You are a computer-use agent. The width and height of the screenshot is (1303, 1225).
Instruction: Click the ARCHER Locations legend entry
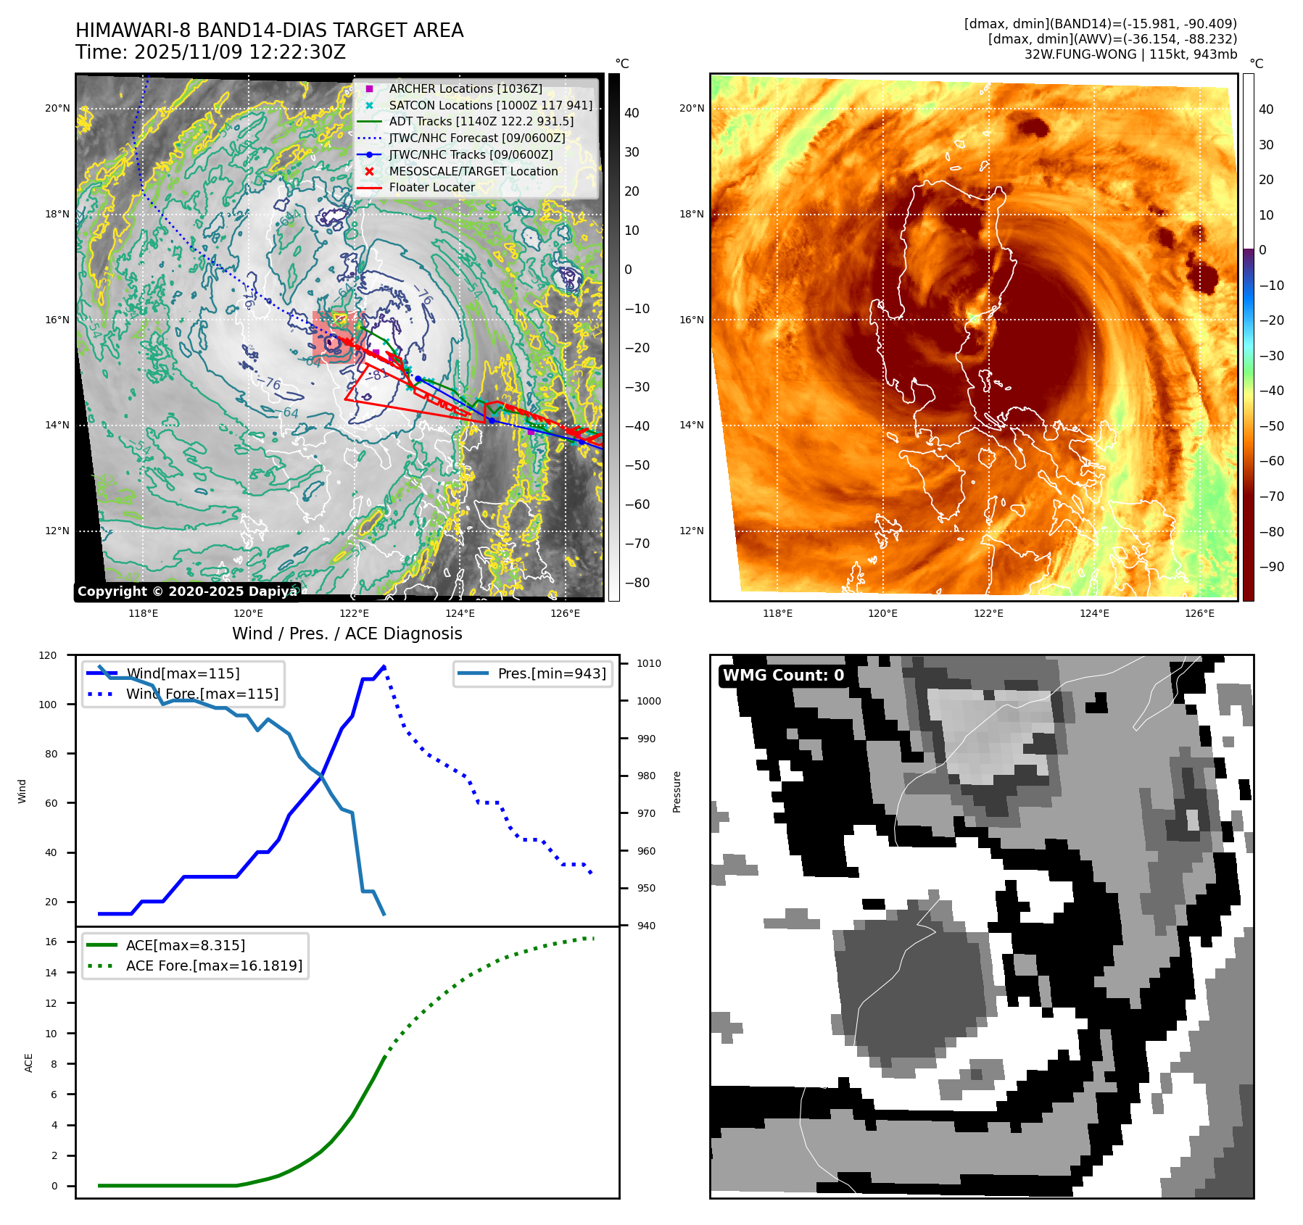coord(465,88)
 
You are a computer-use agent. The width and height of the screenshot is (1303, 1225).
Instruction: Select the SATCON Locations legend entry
coord(490,105)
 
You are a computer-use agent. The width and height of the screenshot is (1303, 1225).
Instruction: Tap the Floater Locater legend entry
coord(431,187)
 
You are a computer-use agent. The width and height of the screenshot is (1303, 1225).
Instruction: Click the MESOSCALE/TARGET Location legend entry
coord(473,171)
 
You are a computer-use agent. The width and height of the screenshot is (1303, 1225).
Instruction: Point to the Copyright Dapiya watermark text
coord(187,591)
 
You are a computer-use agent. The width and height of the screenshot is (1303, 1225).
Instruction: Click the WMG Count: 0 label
coord(783,676)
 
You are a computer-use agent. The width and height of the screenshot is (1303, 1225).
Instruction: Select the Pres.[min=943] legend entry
coord(551,673)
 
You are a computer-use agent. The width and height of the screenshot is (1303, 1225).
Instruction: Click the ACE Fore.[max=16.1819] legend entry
coord(214,966)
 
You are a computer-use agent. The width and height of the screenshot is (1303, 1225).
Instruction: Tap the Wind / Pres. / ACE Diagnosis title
coord(347,634)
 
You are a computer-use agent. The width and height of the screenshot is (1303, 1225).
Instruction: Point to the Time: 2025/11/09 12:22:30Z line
coord(210,52)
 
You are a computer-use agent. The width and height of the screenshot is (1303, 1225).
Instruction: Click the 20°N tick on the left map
coord(57,109)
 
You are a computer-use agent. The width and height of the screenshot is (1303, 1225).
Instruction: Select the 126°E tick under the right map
coord(1199,613)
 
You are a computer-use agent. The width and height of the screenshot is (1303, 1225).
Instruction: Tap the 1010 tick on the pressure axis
coord(649,663)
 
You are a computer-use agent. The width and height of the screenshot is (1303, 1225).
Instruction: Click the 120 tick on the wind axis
coord(48,655)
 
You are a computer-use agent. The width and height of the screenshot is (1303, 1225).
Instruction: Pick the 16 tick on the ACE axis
coord(51,942)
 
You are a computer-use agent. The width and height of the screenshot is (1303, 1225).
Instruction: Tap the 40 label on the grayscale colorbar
coord(632,113)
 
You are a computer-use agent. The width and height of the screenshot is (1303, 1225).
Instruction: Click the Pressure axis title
coord(677,792)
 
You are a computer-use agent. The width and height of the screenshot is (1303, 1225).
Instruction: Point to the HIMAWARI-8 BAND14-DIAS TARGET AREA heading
coord(269,30)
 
